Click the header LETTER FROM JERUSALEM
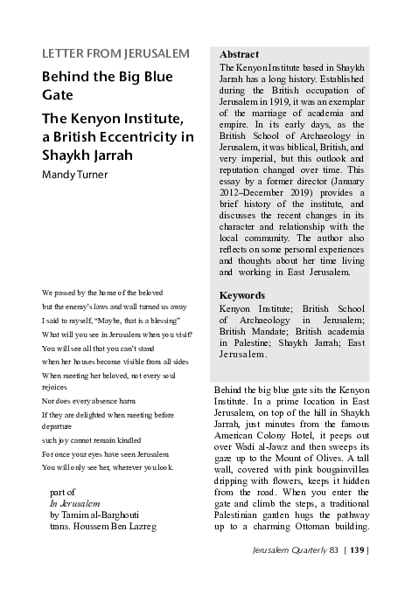coord(115,53)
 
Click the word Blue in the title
coord(164,76)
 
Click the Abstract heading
coord(239,54)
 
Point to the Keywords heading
coord(241,295)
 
